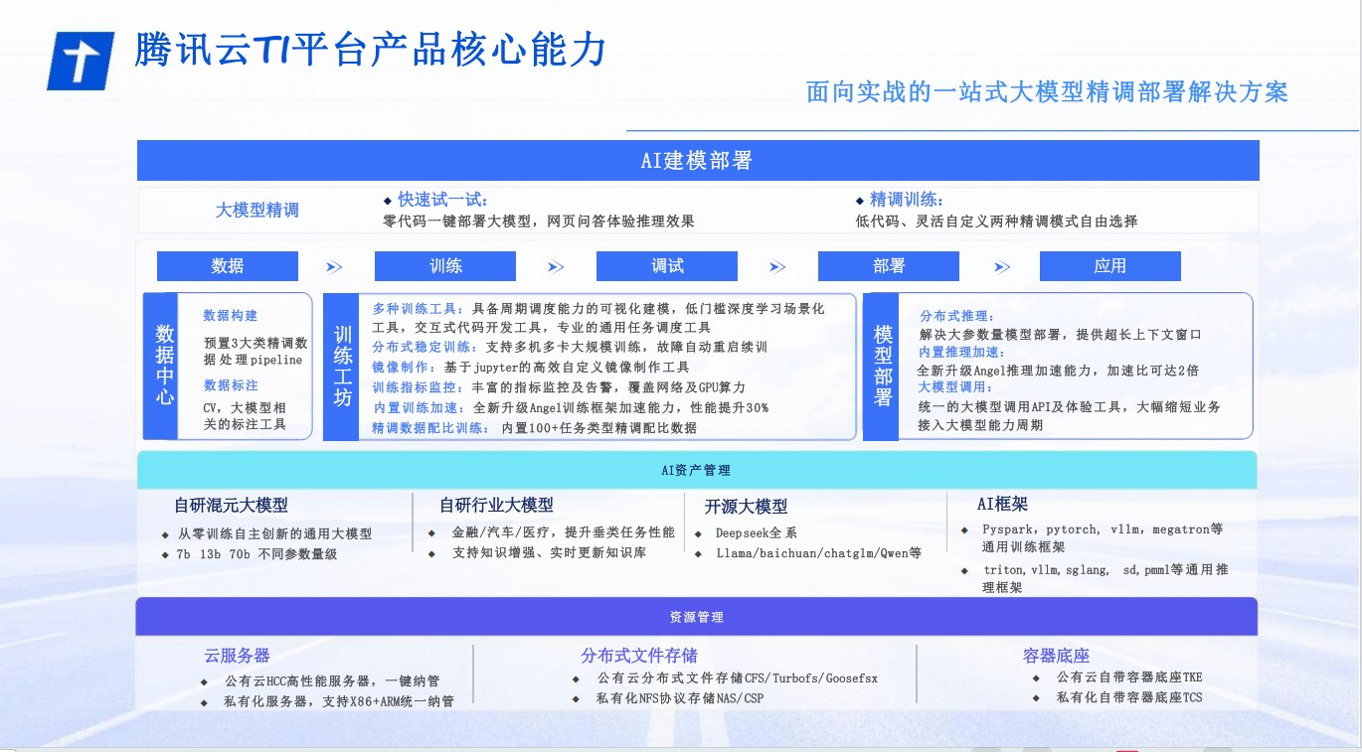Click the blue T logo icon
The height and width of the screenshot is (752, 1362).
pos(81,61)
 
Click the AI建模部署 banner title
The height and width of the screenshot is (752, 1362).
pos(696,160)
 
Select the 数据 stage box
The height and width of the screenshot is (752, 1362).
pos(228,266)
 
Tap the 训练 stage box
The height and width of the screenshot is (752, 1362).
pos(445,266)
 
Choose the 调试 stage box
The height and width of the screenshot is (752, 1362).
pos(667,266)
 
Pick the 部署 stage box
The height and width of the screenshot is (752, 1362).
pos(889,266)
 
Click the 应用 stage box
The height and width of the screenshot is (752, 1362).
pos(1110,266)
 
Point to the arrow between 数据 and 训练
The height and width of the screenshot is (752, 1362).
pos(334,267)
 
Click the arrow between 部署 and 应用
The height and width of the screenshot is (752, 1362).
pos(1002,267)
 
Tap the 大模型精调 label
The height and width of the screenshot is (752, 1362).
pos(257,211)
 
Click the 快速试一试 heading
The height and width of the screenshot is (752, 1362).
pos(442,200)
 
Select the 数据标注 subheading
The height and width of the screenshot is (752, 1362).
pos(231,385)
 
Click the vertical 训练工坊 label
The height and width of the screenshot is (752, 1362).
pos(342,366)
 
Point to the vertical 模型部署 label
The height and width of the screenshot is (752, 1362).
pos(882,366)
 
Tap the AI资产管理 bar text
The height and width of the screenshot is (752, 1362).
pos(696,470)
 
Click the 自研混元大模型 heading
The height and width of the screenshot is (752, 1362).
pos(231,505)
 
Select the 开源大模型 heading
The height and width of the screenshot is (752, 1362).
pos(746,506)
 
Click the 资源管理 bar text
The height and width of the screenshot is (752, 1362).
pos(696,617)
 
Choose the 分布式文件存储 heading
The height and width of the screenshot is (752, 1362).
pos(639,656)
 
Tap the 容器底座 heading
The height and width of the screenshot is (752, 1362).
pos(1056,656)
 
